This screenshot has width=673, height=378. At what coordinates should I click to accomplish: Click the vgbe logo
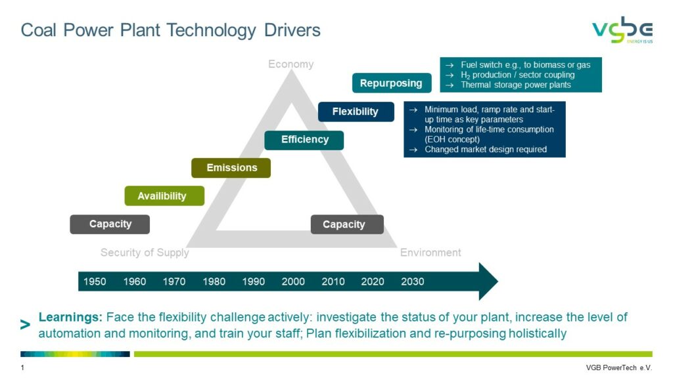(623, 30)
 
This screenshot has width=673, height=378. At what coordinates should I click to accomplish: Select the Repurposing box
(392, 83)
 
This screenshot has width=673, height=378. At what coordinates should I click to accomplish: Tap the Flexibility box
(356, 112)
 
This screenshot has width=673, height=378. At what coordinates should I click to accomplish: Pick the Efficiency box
(304, 140)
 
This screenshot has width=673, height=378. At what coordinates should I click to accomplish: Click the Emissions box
(231, 167)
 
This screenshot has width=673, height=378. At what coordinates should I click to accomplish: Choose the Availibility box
(164, 196)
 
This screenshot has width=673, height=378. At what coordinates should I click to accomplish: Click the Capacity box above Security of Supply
(110, 224)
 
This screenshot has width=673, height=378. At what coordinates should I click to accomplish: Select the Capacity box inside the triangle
(347, 224)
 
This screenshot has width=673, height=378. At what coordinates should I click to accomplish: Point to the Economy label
(291, 64)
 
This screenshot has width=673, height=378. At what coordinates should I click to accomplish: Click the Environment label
(430, 253)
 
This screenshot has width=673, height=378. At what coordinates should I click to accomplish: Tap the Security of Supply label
(145, 253)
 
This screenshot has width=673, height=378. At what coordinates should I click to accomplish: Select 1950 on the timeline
(95, 282)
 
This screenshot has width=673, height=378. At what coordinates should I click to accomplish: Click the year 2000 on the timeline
(293, 282)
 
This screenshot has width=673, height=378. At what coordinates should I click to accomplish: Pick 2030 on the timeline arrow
(413, 282)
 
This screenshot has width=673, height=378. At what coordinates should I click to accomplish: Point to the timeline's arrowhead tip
(498, 281)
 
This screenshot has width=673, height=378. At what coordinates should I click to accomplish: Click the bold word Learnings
(70, 318)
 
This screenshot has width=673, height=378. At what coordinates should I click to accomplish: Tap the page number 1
(22, 367)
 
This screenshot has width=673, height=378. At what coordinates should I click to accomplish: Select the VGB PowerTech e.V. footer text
(619, 367)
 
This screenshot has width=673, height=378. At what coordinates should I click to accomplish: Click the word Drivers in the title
(292, 30)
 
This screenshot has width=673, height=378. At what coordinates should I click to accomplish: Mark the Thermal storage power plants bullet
(515, 85)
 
